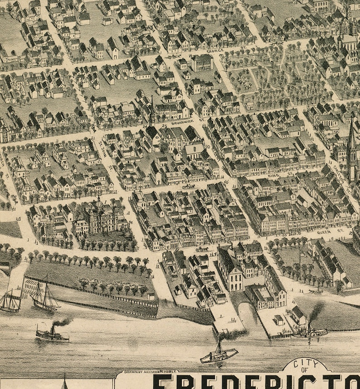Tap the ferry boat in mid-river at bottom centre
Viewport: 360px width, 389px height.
(x=219, y=355)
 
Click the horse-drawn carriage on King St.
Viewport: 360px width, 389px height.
(x=188, y=186)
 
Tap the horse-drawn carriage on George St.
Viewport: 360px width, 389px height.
(x=174, y=57)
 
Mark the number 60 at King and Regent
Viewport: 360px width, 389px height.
(x=225, y=182)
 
